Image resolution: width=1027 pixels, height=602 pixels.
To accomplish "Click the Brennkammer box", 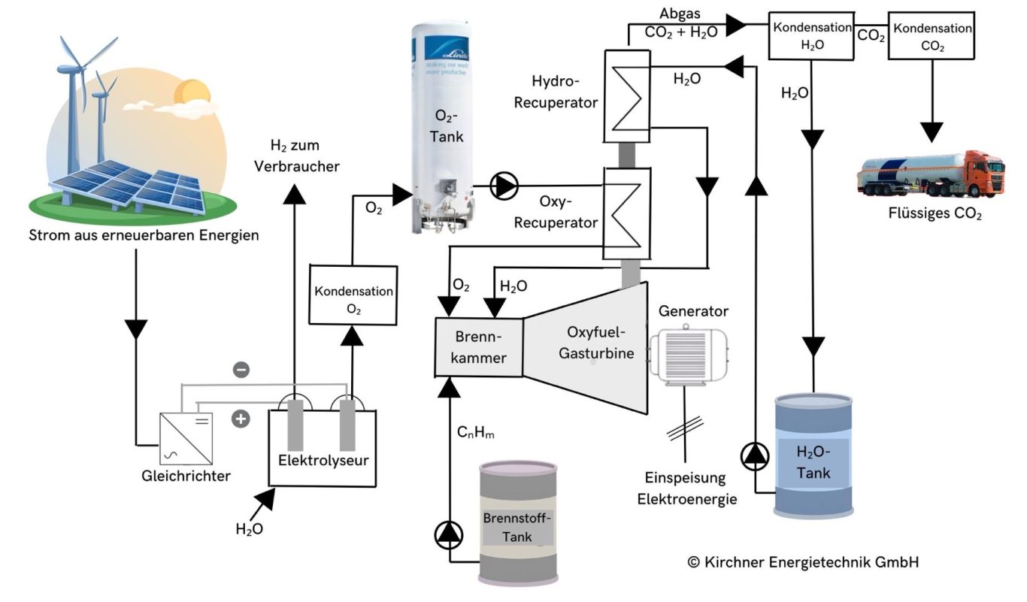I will pos(480,347).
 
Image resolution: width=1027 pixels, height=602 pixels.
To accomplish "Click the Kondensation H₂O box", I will pos(810,35).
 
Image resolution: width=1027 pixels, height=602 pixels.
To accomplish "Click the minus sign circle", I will pos(241,370).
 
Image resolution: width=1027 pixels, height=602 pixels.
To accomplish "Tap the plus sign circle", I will pos(241,419).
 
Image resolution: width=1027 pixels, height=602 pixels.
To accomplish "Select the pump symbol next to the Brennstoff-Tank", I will pos(450,534).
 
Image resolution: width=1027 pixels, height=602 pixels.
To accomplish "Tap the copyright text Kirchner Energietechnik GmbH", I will pos(803,561).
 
